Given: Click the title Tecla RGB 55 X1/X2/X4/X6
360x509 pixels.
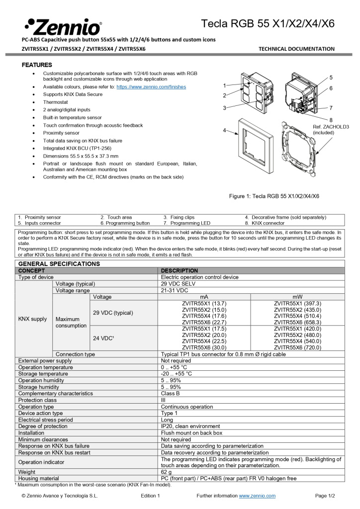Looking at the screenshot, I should (x=268, y=23).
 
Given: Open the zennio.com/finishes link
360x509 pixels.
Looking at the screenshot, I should (x=151, y=87).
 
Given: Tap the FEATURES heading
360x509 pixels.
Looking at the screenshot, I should (x=37, y=65).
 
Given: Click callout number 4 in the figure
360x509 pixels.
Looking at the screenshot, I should (x=224, y=130).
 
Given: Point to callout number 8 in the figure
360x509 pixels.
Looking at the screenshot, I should (x=331, y=120).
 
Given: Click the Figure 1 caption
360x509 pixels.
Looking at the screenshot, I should (x=274, y=196).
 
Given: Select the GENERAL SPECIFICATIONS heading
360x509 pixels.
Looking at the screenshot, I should (x=59, y=263).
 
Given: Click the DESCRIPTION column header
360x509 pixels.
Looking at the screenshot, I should (x=180, y=270).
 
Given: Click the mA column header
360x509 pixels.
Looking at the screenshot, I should (x=204, y=297).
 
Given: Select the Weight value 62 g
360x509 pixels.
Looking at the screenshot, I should (x=167, y=471).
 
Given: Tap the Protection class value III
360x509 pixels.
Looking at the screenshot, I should (x=163, y=400).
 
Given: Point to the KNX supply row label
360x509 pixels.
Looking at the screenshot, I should (x=33, y=319).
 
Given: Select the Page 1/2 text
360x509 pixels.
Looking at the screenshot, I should (x=325, y=496).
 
